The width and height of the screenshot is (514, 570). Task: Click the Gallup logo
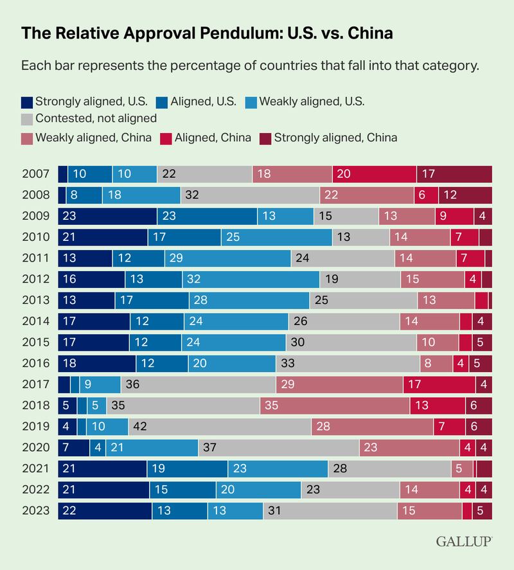pyautogui.click(x=464, y=541)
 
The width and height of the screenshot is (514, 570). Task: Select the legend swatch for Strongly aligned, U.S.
pyautogui.click(x=28, y=102)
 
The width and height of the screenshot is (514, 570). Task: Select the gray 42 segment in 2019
pyautogui.click(x=220, y=426)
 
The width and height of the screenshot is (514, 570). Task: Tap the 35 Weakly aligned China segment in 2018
pyautogui.click(x=335, y=405)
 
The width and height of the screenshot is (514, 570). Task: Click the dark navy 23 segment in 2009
pyautogui.click(x=107, y=217)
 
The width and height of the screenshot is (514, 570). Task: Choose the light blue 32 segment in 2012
pyautogui.click(x=251, y=280)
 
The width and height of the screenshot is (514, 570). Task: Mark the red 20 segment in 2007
pyautogui.click(x=374, y=175)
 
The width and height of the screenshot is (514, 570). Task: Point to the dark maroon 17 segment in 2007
pyautogui.click(x=454, y=175)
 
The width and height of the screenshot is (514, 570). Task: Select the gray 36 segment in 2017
pyautogui.click(x=199, y=384)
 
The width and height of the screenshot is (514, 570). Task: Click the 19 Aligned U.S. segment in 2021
pyautogui.click(x=187, y=468)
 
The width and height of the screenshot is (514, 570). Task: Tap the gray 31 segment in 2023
pyautogui.click(x=330, y=510)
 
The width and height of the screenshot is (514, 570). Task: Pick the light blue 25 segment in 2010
pyautogui.click(x=277, y=238)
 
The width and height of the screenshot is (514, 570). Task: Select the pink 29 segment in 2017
pyautogui.click(x=339, y=384)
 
